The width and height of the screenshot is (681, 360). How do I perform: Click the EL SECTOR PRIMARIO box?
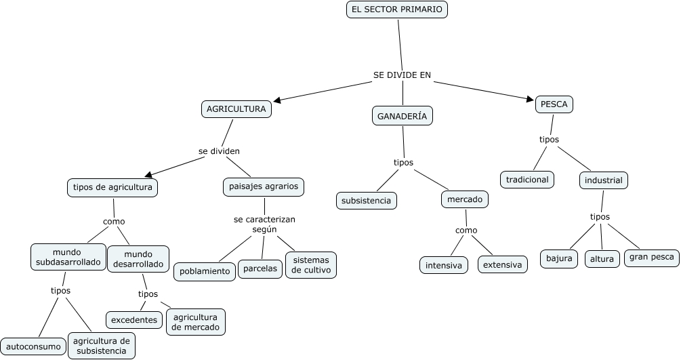tap(397, 9)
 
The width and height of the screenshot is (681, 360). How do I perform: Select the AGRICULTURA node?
tap(236, 109)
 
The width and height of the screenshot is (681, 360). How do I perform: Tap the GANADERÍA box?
tap(402, 116)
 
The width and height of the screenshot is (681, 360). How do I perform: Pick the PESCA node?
tap(554, 104)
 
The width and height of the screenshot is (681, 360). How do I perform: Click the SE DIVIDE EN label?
tap(402, 75)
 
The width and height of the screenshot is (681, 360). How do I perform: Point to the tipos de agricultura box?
tap(112, 187)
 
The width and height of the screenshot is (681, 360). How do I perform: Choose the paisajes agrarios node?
tap(264, 186)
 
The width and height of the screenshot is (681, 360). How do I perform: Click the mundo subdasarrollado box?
tap(68, 257)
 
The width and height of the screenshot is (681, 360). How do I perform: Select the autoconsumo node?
tap(33, 346)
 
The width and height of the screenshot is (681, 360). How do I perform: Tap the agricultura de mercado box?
tap(196, 322)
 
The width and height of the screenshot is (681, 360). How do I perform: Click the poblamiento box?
tap(205, 271)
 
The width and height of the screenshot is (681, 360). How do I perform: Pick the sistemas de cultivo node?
tap(311, 265)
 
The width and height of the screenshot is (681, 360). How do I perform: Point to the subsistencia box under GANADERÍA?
tap(366, 201)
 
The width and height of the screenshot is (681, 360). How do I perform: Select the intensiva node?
tap(444, 264)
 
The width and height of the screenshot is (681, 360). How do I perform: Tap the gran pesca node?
tap(651, 257)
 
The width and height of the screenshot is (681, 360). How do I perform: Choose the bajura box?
tap(559, 258)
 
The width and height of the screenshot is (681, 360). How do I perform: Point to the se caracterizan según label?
tap(264, 224)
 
